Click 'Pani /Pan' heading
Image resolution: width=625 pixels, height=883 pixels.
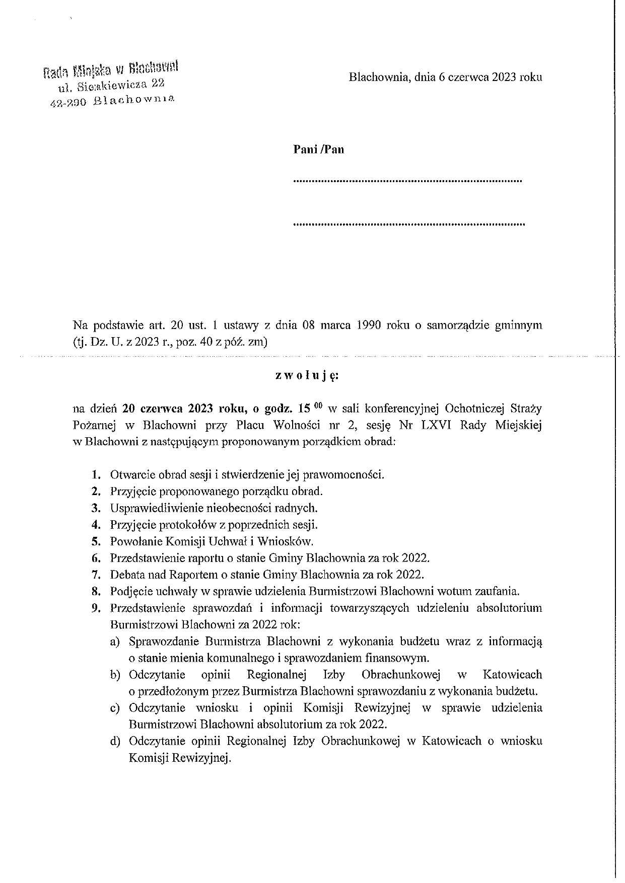319,149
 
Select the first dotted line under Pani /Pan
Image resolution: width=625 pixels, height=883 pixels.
407,180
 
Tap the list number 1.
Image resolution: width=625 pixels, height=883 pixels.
95,474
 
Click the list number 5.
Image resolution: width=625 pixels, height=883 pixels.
95,541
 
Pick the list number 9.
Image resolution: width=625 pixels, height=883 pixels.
95,608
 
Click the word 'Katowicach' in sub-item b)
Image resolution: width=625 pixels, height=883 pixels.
512,674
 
